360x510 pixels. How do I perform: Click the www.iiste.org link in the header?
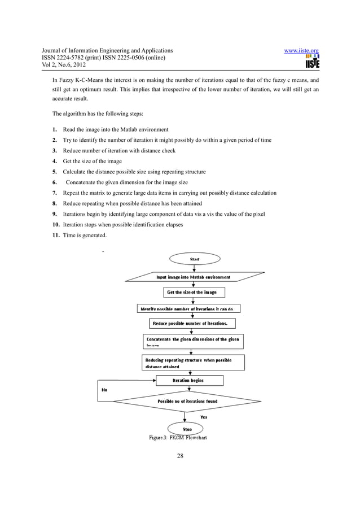coord(301,51)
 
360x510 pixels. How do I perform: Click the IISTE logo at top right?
coord(310,62)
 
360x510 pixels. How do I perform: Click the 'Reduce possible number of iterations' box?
coord(192,324)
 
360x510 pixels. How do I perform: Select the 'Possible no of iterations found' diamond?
coord(187,402)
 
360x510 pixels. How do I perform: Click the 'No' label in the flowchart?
coord(104,390)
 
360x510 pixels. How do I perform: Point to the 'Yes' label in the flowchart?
coord(204,417)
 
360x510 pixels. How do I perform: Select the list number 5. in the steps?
coord(55,172)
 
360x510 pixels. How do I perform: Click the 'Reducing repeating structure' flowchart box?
coord(192,363)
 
